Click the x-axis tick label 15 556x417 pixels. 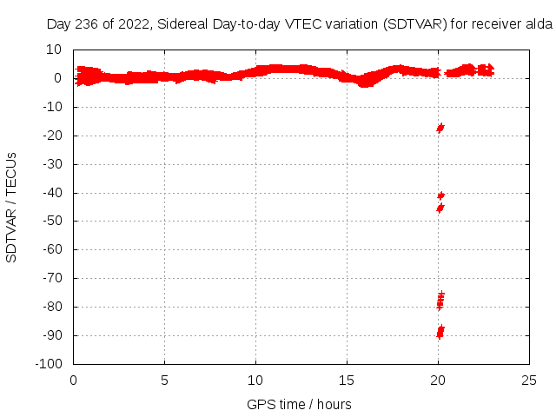tap(347, 380)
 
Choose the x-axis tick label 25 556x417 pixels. tap(530, 380)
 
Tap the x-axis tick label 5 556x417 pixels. tap(165, 380)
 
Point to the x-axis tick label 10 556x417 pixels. tap(256, 380)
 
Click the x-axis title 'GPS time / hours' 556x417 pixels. tap(299, 404)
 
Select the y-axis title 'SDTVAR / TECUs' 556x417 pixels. tap(12, 207)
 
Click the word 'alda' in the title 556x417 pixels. tap(539, 24)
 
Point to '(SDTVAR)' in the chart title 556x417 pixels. tap(416, 24)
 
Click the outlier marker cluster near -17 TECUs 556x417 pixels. tap(440, 128)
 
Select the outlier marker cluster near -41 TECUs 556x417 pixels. tap(440, 195)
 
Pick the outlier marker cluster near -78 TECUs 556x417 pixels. tap(440, 301)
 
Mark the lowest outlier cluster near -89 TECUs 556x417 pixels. tap(440, 331)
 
